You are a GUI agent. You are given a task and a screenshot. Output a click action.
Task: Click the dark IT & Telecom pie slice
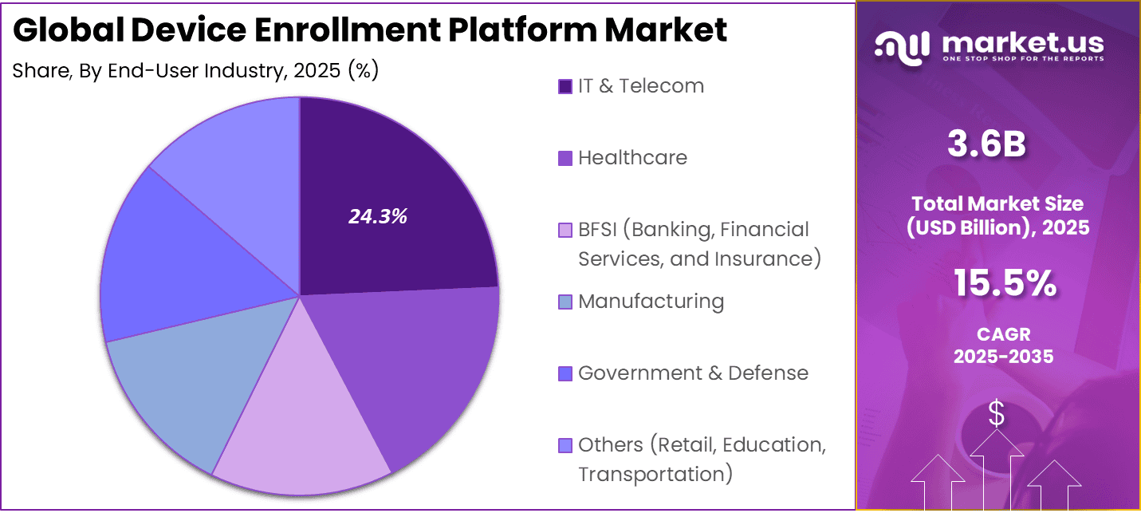pos(383,199)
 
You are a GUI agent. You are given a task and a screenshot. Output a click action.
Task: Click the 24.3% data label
pos(378,216)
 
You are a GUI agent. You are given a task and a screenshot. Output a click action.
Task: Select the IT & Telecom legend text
pos(641,86)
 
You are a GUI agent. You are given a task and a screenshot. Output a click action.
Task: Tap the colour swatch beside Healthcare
pos(565,159)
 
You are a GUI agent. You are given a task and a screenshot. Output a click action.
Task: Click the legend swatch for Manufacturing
pos(565,302)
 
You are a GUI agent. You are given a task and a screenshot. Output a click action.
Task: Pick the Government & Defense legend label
pos(693,373)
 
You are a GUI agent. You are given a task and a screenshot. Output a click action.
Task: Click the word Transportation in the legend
pos(655,475)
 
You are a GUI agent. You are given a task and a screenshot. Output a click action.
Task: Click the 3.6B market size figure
pos(986,144)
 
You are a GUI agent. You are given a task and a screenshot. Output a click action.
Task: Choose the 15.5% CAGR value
pos(1004,284)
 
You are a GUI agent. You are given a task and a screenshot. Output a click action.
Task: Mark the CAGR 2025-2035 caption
pos(1003,345)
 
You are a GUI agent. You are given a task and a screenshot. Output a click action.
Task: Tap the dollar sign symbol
pos(996,413)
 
